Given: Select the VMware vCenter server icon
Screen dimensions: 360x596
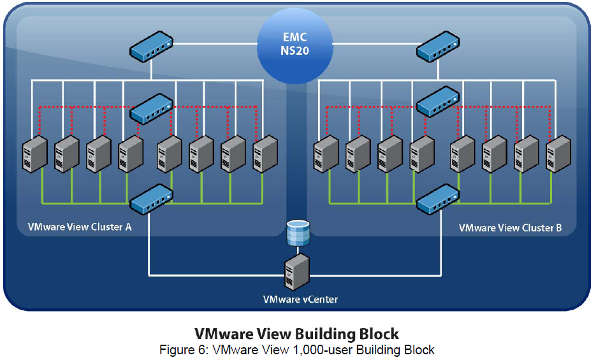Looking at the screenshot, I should (297, 271).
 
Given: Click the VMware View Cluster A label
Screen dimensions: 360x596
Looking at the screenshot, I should (80, 227).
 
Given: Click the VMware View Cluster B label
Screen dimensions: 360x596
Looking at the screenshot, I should (510, 227).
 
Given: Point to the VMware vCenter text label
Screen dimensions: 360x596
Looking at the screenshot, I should (297, 299).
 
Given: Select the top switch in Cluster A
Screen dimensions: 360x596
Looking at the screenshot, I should (151, 47).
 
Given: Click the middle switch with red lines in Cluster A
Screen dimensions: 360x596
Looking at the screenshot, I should (151, 109).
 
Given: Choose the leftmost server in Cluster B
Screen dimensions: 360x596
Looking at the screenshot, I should (325, 155).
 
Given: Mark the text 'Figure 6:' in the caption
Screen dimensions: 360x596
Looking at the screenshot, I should (182, 350).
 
